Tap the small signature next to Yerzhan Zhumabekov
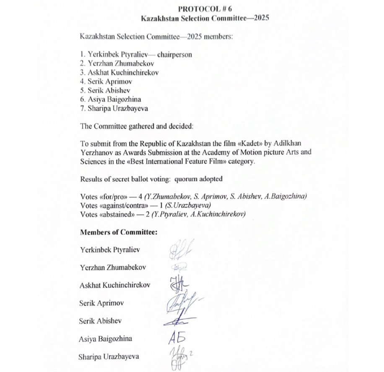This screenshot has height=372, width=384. coord(179,268)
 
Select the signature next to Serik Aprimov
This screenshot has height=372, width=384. coord(180,303)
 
